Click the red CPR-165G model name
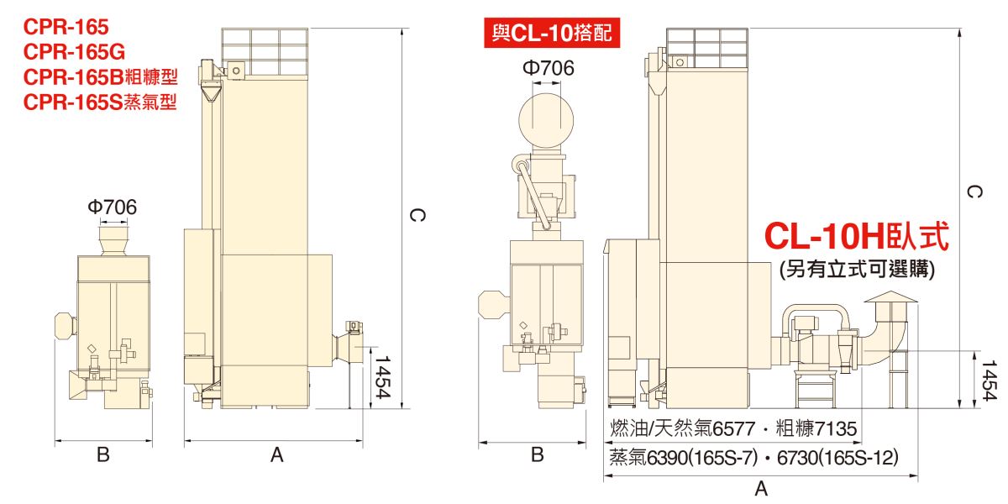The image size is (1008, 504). (74, 52)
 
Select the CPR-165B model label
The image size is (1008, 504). (100, 77)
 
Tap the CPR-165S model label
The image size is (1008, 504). (100, 102)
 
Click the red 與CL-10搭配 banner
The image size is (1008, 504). (552, 33)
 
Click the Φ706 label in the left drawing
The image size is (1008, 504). (112, 207)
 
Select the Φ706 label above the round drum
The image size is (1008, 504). (548, 68)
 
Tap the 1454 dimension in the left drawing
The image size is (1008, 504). (382, 377)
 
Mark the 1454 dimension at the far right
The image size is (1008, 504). (990, 381)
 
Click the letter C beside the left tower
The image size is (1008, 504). (417, 215)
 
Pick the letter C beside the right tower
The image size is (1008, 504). (974, 192)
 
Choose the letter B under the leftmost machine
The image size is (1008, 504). (103, 454)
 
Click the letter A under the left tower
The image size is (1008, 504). (277, 455)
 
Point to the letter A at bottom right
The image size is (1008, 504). (761, 489)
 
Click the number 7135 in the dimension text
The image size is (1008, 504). (836, 429)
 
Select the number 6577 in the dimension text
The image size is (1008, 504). (735, 429)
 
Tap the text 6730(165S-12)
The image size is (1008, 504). (837, 458)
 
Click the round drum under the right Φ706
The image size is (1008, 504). (546, 121)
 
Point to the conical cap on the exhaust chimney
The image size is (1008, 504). (890, 297)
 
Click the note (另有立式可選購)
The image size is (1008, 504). (858, 270)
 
